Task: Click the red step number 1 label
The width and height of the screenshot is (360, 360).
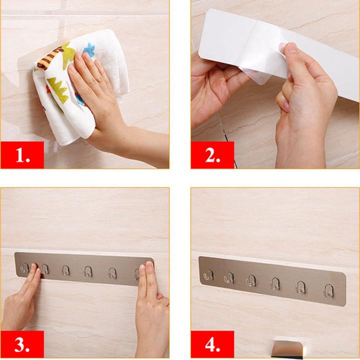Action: (22, 155)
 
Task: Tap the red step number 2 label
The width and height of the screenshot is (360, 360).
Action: (212, 155)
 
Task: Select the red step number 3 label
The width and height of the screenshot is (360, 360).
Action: (22, 345)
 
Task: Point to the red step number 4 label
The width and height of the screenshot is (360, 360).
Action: (212, 345)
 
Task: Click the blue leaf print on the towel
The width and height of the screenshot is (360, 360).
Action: (89, 49)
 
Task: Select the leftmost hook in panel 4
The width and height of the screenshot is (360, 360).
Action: (208, 275)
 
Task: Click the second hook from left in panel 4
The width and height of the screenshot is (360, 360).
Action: (229, 277)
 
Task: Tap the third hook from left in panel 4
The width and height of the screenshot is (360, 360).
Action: (251, 280)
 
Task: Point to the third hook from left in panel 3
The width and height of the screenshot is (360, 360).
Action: (65, 270)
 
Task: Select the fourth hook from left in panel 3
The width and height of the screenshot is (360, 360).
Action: (88, 271)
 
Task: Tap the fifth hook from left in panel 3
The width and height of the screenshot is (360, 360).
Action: (112, 273)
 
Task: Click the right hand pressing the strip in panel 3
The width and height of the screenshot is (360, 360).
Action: (150, 305)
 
